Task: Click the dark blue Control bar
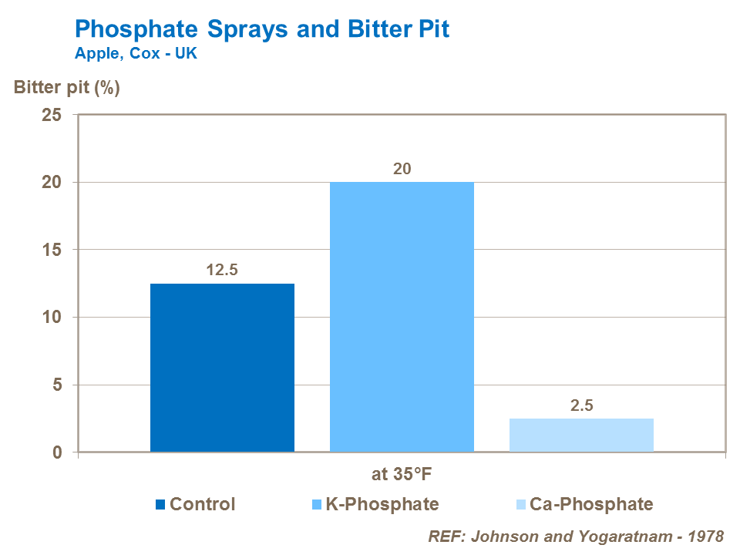(x=222, y=368)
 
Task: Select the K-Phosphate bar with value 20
(x=402, y=317)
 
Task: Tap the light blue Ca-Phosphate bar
(x=581, y=435)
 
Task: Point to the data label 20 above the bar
(x=402, y=168)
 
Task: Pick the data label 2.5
(x=581, y=405)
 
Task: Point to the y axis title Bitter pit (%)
(x=66, y=87)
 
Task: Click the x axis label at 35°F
(x=402, y=474)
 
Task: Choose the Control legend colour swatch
(x=160, y=505)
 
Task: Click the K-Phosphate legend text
(x=382, y=505)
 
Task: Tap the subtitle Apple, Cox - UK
(x=136, y=55)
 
